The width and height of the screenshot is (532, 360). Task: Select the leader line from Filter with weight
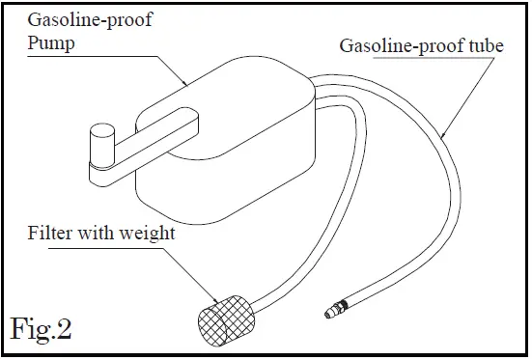pos(183,263)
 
